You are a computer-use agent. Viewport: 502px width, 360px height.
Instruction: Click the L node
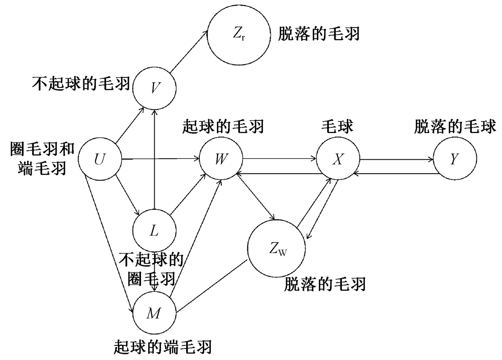tap(154, 231)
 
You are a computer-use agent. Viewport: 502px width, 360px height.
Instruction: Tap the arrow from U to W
tap(161, 160)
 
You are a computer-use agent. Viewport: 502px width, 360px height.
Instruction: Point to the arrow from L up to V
tap(155, 161)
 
